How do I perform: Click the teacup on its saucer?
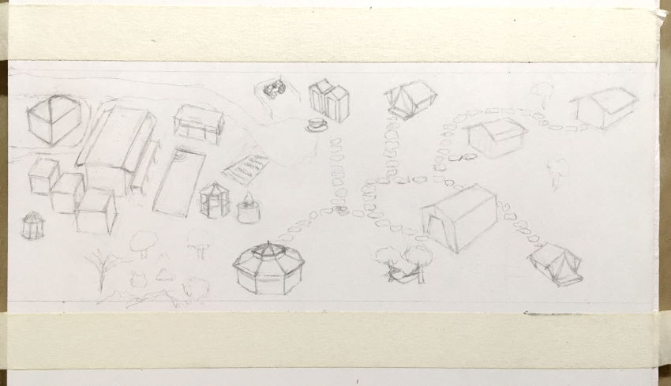317,125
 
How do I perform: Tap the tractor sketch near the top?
275,89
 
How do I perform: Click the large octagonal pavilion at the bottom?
269,268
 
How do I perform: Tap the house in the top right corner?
605,107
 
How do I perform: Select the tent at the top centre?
410,98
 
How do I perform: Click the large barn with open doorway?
459,216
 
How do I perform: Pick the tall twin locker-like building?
329,100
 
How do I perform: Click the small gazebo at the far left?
32,226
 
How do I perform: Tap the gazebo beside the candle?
214,200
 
